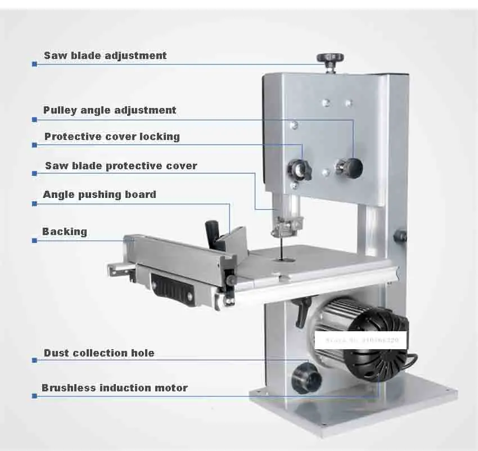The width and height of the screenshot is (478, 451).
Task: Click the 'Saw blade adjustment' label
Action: (x=105, y=56)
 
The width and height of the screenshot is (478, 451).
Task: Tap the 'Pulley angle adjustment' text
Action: (x=110, y=110)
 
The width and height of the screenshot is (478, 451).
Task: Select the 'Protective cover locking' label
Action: (x=112, y=137)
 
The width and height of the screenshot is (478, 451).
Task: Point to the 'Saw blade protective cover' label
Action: (x=121, y=166)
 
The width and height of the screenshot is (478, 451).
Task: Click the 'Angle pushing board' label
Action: (x=100, y=195)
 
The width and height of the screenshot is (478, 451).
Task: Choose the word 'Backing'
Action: (x=65, y=232)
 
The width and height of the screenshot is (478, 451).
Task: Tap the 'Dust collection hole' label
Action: (x=99, y=353)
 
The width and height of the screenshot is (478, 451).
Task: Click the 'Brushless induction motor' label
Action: (x=115, y=388)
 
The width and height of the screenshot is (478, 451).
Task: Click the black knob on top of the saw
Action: (x=329, y=59)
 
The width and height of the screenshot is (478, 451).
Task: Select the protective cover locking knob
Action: (x=300, y=169)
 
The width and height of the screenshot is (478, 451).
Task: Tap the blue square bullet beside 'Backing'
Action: (x=34, y=241)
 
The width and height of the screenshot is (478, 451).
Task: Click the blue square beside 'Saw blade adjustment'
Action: (x=34, y=65)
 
